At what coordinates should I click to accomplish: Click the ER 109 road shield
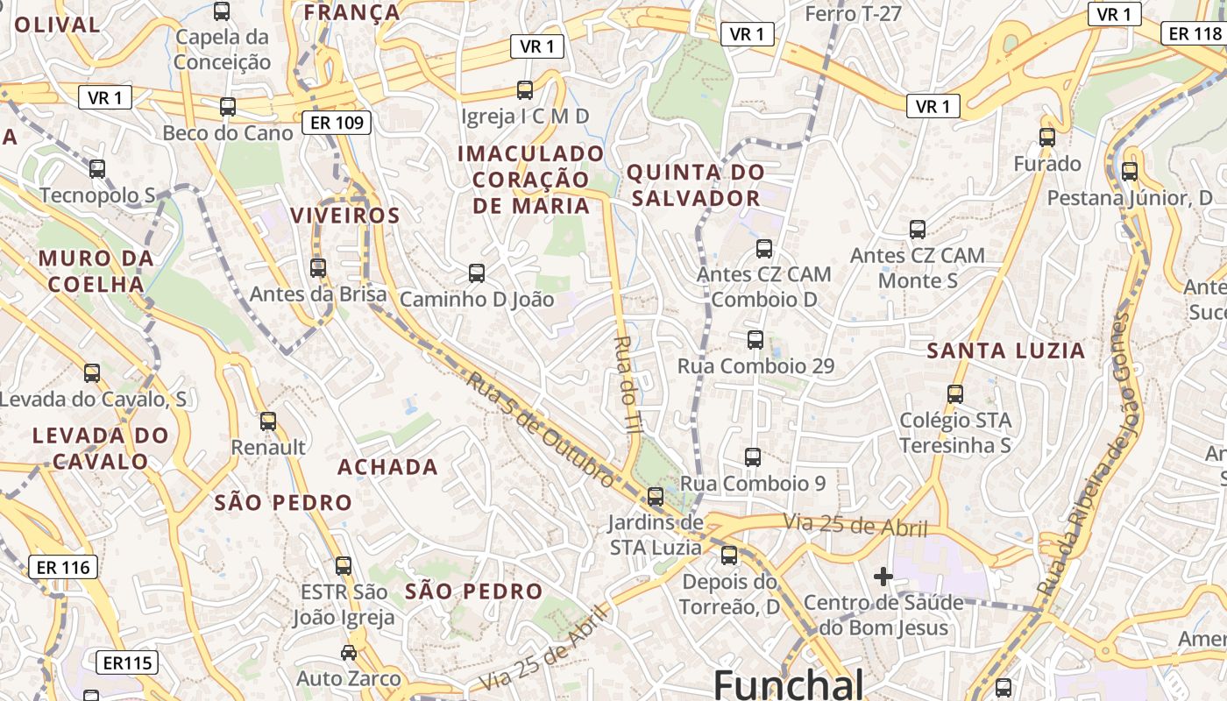(x=337, y=123)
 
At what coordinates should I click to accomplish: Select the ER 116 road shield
(x=63, y=567)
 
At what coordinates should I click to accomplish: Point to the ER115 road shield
(x=127, y=662)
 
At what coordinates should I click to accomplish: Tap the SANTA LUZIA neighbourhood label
(x=1006, y=351)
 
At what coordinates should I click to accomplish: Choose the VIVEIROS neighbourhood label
(x=344, y=216)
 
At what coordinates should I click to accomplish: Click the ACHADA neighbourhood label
(x=387, y=467)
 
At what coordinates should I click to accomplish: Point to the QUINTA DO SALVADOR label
(x=696, y=185)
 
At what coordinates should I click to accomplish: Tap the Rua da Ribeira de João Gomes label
(x=1083, y=456)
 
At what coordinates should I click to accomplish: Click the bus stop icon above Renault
(x=268, y=421)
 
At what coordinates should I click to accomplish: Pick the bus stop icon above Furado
(x=1047, y=138)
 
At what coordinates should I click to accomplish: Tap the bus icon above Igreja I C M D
(x=525, y=90)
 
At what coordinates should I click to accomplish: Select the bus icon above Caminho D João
(x=477, y=273)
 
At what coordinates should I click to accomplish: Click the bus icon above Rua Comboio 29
(x=755, y=340)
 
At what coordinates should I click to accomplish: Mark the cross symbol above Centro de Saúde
(x=883, y=577)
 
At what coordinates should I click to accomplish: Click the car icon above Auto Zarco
(x=349, y=653)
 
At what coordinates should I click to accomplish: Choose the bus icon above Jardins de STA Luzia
(x=656, y=497)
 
